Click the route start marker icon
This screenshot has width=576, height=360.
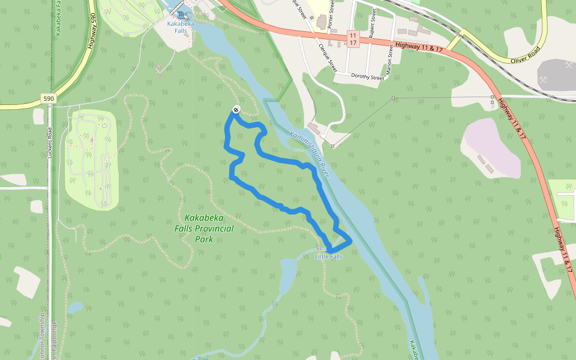point(236,110)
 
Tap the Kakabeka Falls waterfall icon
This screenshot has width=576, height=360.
point(181,14)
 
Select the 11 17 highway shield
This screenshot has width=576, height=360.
point(352,38)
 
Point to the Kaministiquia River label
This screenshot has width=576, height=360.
point(310,154)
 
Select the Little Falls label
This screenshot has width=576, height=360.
point(329,257)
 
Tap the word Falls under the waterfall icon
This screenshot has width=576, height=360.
point(181,30)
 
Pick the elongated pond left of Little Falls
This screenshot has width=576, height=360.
point(287,273)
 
